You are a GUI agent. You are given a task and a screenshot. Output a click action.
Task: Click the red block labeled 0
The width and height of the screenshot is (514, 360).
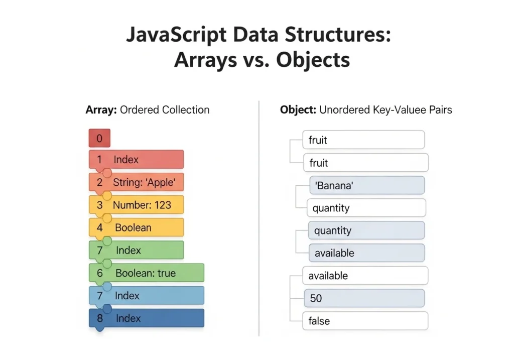[99, 138]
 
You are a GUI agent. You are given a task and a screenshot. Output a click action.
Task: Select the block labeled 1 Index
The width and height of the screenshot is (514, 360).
[136, 160]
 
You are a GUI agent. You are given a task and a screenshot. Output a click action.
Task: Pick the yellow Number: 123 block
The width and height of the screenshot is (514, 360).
[136, 205]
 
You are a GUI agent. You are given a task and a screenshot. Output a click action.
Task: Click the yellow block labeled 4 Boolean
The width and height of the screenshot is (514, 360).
[136, 227]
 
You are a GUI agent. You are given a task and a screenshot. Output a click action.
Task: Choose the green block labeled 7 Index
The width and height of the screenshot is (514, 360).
[136, 250]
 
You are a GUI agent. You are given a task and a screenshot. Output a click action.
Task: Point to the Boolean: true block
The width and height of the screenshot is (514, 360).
[146, 273]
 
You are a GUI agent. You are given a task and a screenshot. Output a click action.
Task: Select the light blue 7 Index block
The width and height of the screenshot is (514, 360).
[146, 296]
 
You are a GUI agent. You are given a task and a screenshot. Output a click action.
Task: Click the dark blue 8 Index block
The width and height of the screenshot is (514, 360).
[146, 318]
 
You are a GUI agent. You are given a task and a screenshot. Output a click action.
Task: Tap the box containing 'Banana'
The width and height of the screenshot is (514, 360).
[366, 185]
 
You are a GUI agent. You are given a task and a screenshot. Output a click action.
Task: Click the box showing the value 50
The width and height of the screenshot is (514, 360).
[364, 298]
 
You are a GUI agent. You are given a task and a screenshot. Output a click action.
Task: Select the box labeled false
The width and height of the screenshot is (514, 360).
[365, 321]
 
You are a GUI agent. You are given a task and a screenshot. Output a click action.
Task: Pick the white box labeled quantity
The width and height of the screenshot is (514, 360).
[366, 208]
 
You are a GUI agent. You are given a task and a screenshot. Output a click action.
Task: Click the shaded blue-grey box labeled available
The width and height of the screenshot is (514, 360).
[366, 253]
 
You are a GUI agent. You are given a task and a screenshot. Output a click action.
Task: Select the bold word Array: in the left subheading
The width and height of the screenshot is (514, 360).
[101, 110]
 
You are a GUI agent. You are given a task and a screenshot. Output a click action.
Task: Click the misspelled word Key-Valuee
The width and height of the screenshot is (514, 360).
[395, 110]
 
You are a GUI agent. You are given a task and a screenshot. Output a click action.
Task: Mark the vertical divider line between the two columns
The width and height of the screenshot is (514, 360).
[259, 216]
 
